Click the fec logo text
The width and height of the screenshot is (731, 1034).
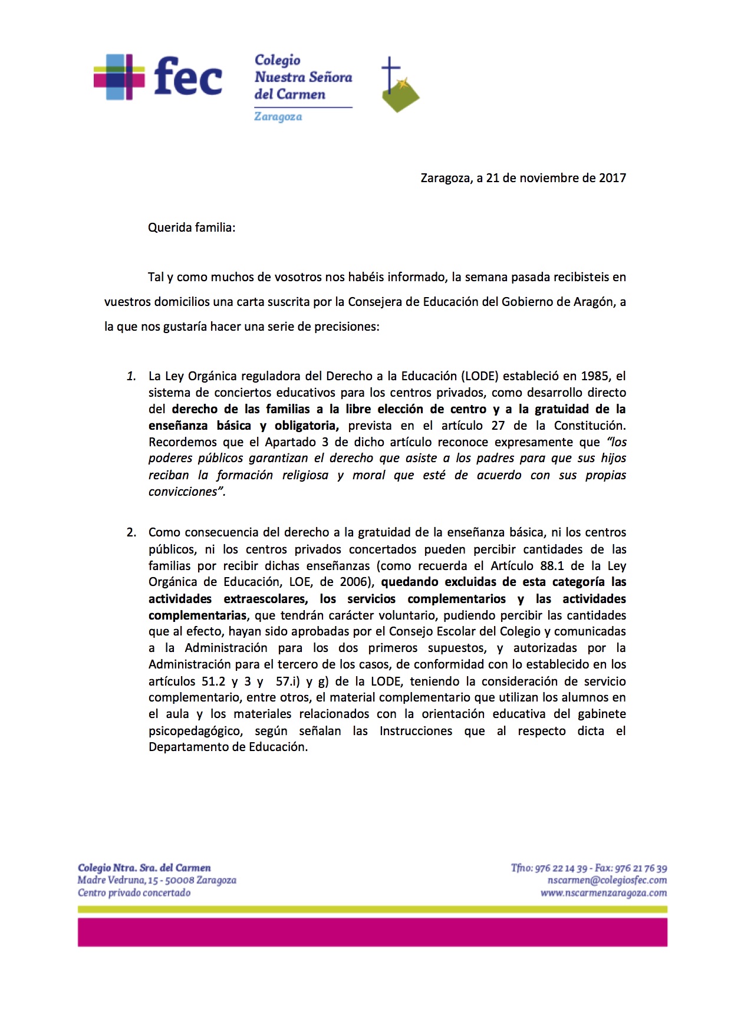(x=187, y=77)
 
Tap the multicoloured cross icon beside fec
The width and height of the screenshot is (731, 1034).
(x=119, y=77)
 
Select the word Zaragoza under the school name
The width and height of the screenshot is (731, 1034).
(x=278, y=117)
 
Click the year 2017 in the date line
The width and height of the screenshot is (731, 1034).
(x=612, y=178)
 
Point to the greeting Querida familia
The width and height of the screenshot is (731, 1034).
(x=191, y=228)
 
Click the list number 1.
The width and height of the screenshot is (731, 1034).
(x=131, y=376)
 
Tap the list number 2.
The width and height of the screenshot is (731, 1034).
(x=131, y=532)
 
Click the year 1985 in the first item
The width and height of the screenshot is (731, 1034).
(x=595, y=376)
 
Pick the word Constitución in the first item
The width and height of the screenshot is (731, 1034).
(x=589, y=426)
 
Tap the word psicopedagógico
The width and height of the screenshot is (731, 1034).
(x=195, y=731)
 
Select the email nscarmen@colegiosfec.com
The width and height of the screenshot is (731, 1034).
(x=607, y=880)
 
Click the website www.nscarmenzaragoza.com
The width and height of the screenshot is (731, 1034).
(x=604, y=893)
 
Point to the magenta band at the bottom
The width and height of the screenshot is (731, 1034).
(x=373, y=932)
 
